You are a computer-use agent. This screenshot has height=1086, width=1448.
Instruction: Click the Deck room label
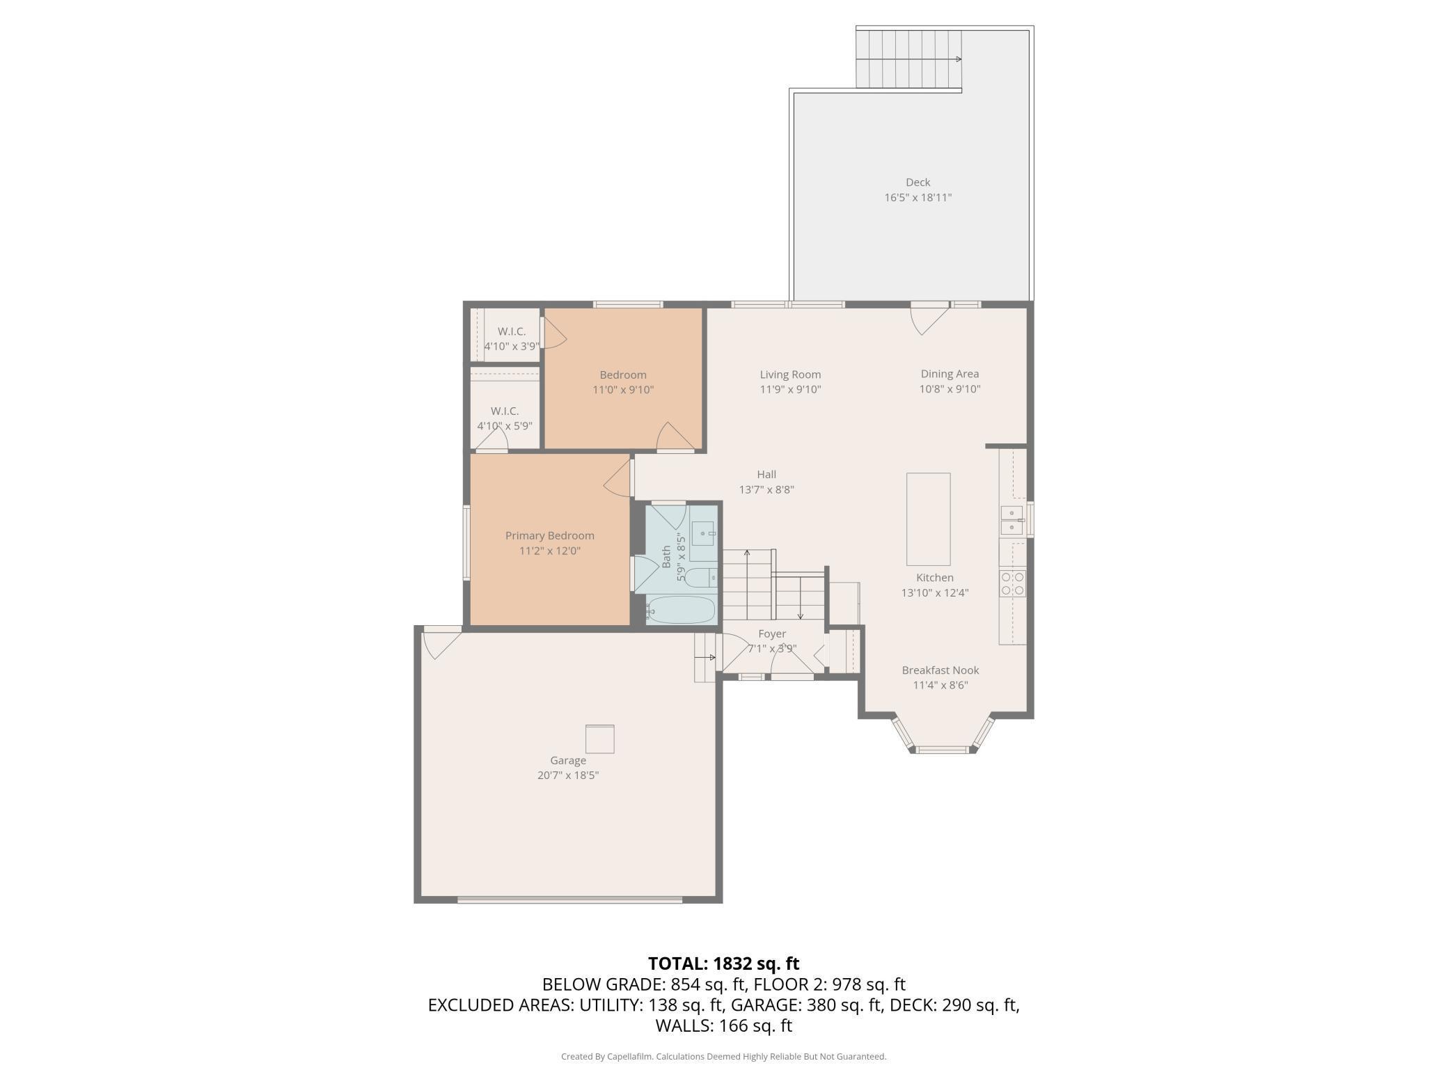click(x=918, y=182)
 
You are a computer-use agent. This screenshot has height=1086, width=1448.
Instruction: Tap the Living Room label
click(x=790, y=375)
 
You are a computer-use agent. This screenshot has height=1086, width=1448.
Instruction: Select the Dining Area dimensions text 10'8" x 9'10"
click(x=950, y=389)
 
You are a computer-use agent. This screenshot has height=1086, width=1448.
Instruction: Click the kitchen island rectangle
click(x=928, y=519)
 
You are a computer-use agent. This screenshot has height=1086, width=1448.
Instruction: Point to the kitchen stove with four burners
click(x=1012, y=583)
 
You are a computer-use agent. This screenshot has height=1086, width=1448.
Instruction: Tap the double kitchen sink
click(x=1012, y=521)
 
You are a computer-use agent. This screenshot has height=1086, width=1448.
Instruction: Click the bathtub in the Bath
click(x=680, y=610)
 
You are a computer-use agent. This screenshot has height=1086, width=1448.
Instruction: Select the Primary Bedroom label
click(x=550, y=535)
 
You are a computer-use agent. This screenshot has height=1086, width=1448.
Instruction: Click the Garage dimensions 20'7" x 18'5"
click(x=568, y=776)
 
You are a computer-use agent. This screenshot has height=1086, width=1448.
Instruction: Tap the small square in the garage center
click(x=599, y=739)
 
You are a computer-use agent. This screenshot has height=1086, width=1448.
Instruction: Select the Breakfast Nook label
click(x=941, y=670)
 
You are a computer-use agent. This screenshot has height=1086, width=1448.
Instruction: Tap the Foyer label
click(x=772, y=633)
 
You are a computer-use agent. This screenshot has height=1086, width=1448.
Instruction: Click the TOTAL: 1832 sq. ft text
click(x=723, y=963)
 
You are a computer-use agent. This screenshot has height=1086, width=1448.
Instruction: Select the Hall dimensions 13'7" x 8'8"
click(x=766, y=489)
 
